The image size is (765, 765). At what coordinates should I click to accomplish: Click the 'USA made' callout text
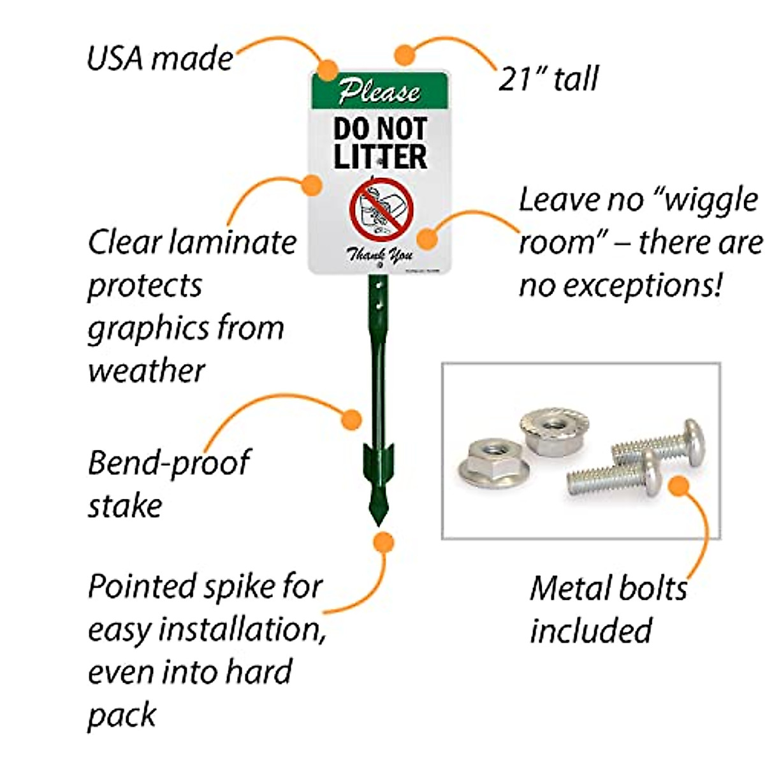pos(159,59)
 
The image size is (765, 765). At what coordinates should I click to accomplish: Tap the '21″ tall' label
pos(548,79)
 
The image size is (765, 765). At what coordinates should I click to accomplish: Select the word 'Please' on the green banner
pos(379,91)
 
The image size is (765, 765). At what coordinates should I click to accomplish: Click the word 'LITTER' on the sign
pos(380,157)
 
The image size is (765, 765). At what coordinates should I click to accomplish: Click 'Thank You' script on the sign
pos(380,255)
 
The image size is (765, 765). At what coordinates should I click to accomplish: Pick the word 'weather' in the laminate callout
pos(146,370)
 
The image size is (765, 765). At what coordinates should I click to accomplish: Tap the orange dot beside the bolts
pos(680,486)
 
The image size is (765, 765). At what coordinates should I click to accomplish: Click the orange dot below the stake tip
pos(382,543)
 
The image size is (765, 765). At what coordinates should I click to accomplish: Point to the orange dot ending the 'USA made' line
pos(328,68)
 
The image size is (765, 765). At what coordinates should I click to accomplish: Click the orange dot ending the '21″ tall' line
pos(405,54)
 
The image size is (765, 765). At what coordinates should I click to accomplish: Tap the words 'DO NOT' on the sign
pos(380,129)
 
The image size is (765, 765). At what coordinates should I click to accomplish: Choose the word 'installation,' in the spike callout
pos(242,629)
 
